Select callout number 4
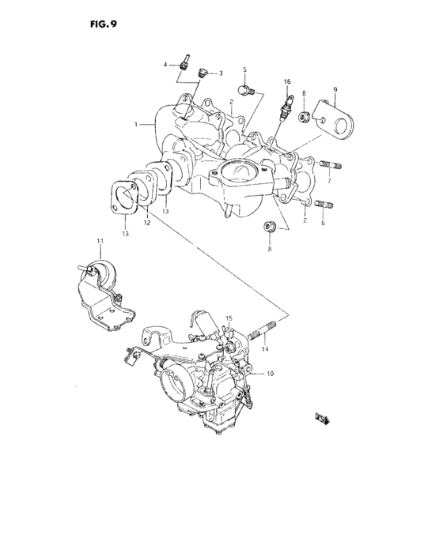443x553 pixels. pyautogui.click(x=165, y=63)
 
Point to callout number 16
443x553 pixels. pyautogui.click(x=286, y=81)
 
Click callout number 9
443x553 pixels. pyautogui.click(x=335, y=89)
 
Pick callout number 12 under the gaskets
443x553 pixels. pyautogui.click(x=146, y=224)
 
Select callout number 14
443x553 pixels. pyautogui.click(x=265, y=348)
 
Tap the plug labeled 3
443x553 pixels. pyautogui.click(x=203, y=73)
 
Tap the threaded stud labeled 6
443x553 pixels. pyautogui.click(x=324, y=207)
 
